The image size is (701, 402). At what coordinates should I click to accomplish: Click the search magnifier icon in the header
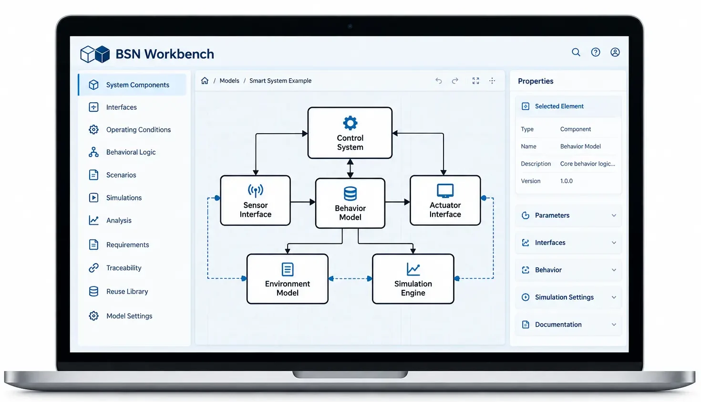click(576, 52)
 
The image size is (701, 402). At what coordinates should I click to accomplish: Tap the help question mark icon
click(596, 52)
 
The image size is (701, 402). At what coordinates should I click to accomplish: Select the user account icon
click(615, 52)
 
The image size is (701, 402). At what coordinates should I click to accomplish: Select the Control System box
click(350, 133)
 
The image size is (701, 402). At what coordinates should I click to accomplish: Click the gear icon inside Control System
click(350, 123)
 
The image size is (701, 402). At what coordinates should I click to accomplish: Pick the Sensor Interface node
click(256, 200)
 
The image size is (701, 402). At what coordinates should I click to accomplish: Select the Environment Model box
click(287, 278)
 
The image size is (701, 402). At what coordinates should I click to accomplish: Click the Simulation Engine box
click(413, 278)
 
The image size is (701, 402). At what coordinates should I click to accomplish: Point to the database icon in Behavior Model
click(350, 193)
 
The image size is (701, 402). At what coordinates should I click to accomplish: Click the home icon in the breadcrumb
click(205, 81)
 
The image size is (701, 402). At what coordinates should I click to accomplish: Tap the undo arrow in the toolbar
click(438, 81)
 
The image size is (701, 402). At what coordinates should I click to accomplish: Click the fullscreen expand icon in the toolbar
click(476, 81)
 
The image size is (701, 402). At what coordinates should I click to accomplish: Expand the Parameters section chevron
click(614, 215)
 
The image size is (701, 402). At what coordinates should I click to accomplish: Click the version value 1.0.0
click(566, 181)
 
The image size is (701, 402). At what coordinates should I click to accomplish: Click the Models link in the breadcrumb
click(229, 81)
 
